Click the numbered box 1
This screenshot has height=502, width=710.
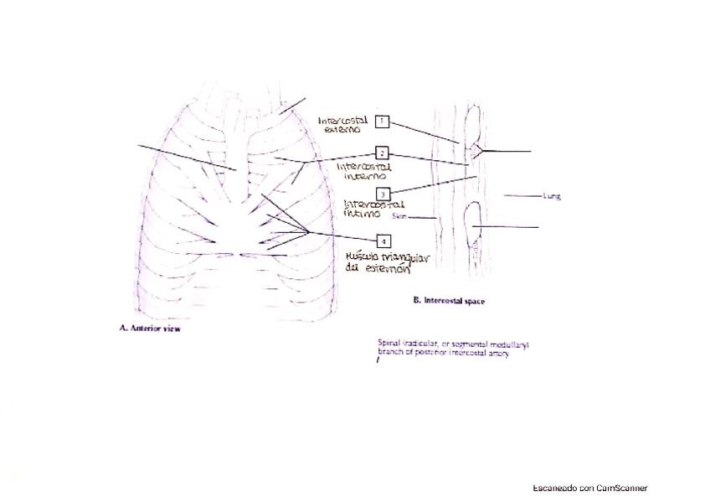[382, 121]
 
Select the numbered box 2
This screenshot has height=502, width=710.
[382, 153]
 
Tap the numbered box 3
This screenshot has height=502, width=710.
[382, 194]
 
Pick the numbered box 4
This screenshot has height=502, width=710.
[382, 241]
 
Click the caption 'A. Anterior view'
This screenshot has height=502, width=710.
[149, 329]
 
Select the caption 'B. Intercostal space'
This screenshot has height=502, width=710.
[449, 299]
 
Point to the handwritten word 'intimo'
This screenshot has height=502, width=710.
[363, 215]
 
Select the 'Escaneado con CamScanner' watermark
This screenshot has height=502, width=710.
[589, 488]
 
